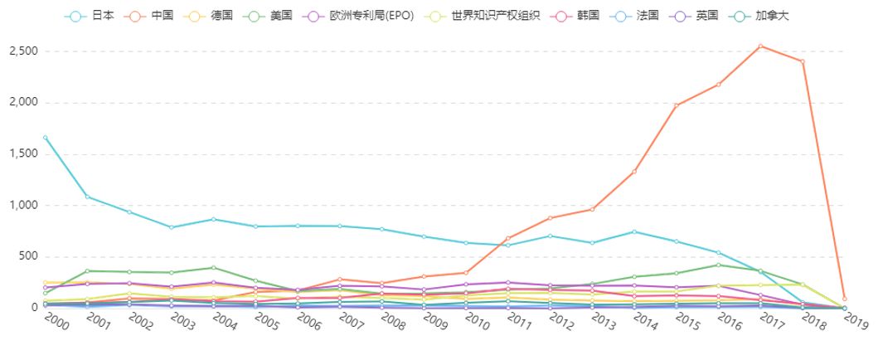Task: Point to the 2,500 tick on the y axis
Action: (x=23, y=51)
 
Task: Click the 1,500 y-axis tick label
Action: (x=23, y=154)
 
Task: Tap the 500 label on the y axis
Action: (x=29, y=256)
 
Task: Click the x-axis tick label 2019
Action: (x=855, y=321)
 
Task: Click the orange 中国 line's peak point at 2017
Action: (x=760, y=46)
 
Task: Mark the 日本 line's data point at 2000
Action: (x=45, y=137)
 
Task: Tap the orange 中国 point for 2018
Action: (x=802, y=61)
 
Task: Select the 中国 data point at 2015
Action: (x=676, y=105)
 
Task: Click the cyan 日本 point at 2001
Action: (x=87, y=197)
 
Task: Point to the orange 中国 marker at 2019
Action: (x=844, y=299)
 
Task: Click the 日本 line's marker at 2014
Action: (x=633, y=231)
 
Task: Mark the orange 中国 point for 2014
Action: (x=633, y=172)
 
